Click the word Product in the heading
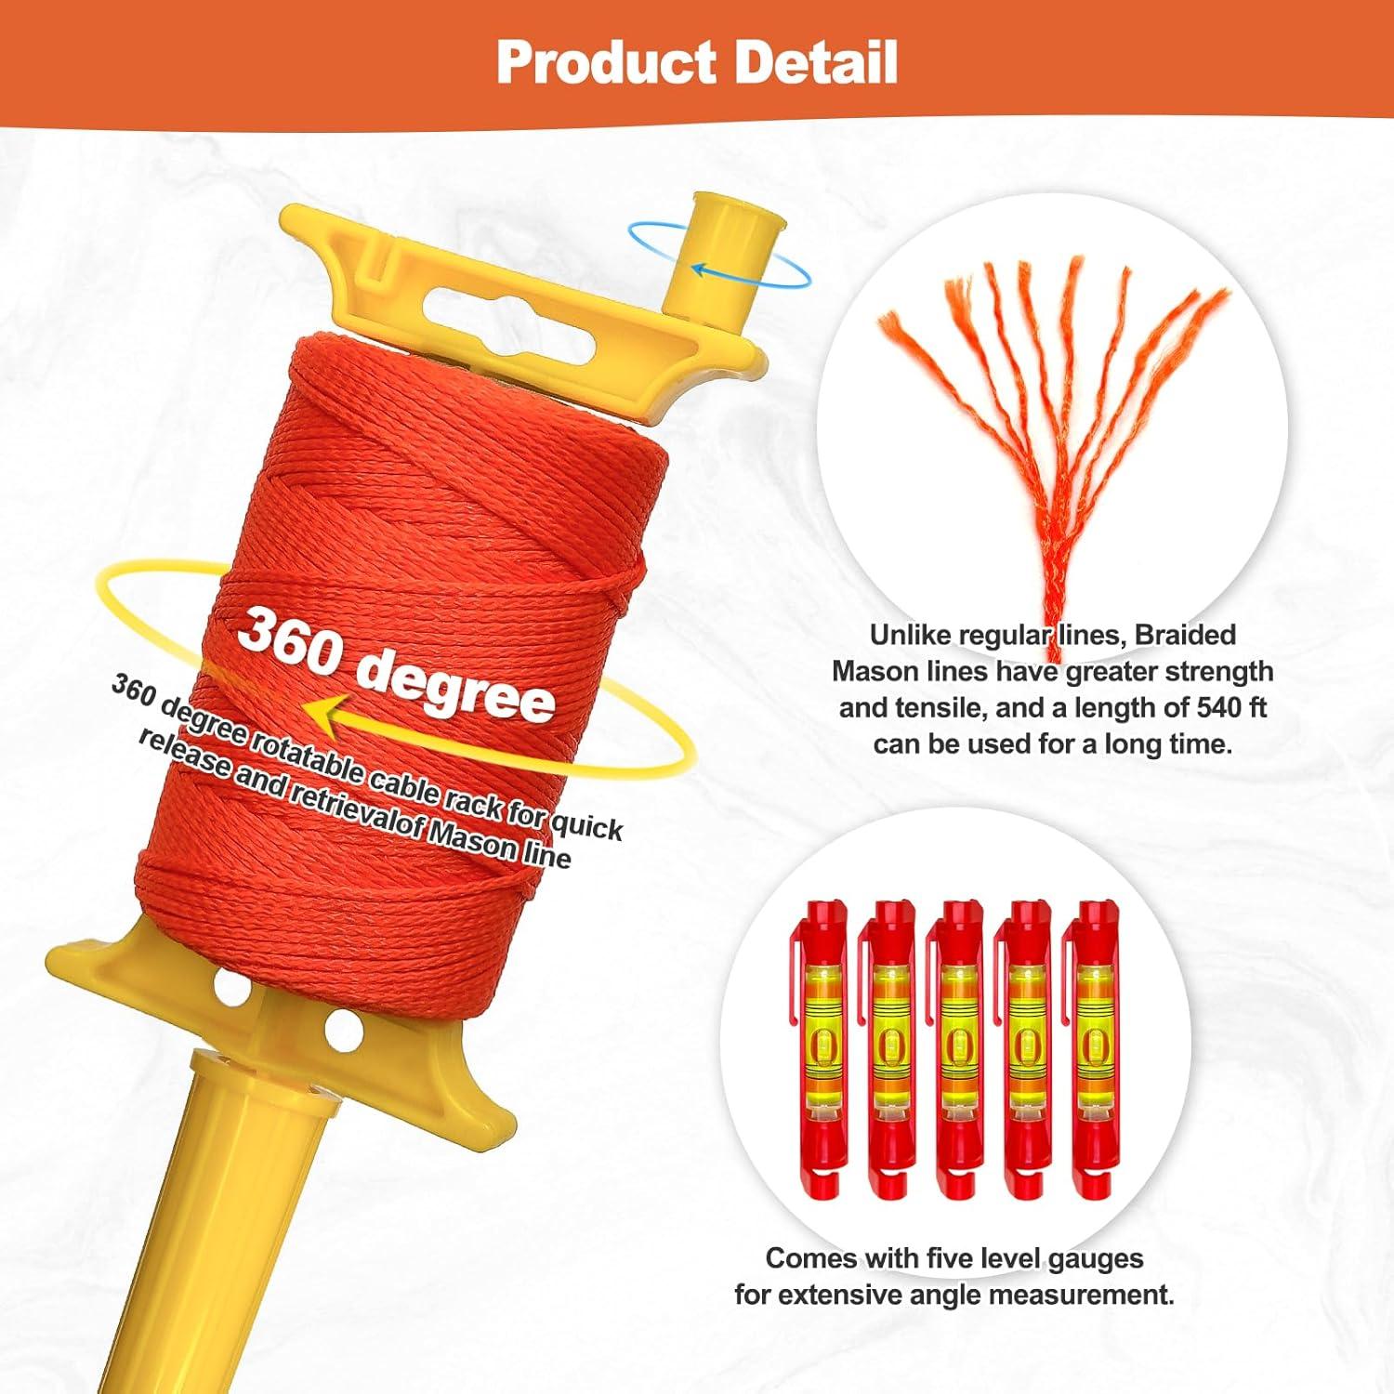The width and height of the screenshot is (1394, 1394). click(x=605, y=62)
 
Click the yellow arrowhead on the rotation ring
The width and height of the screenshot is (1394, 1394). click(x=325, y=717)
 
